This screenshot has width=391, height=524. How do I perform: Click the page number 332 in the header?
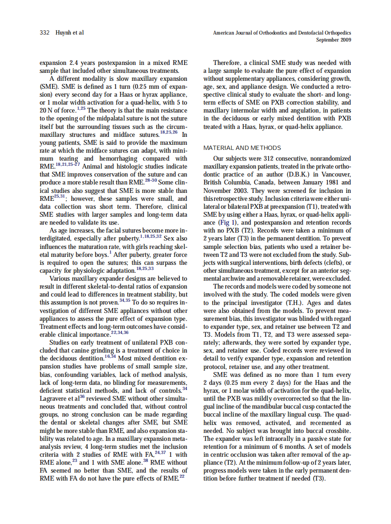pos(44,33)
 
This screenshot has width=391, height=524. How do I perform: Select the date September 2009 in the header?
pos(334,40)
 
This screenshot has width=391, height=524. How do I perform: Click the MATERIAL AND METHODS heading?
pos(242,148)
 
